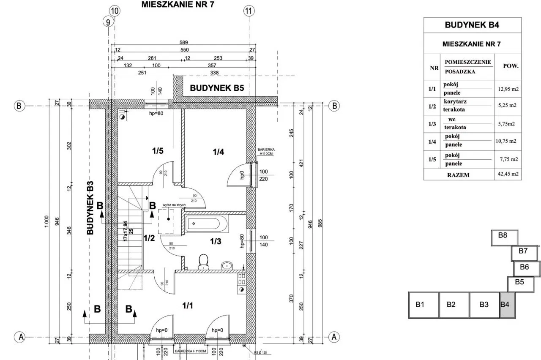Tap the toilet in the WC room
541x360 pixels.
point(203,261)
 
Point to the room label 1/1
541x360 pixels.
point(188,305)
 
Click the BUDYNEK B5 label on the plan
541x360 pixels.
point(217,88)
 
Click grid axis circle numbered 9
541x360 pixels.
point(109,22)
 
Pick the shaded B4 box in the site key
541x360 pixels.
point(506,305)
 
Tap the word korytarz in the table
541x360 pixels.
point(455,101)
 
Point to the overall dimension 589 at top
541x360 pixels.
point(183,42)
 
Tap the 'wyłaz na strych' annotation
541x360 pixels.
point(169,205)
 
